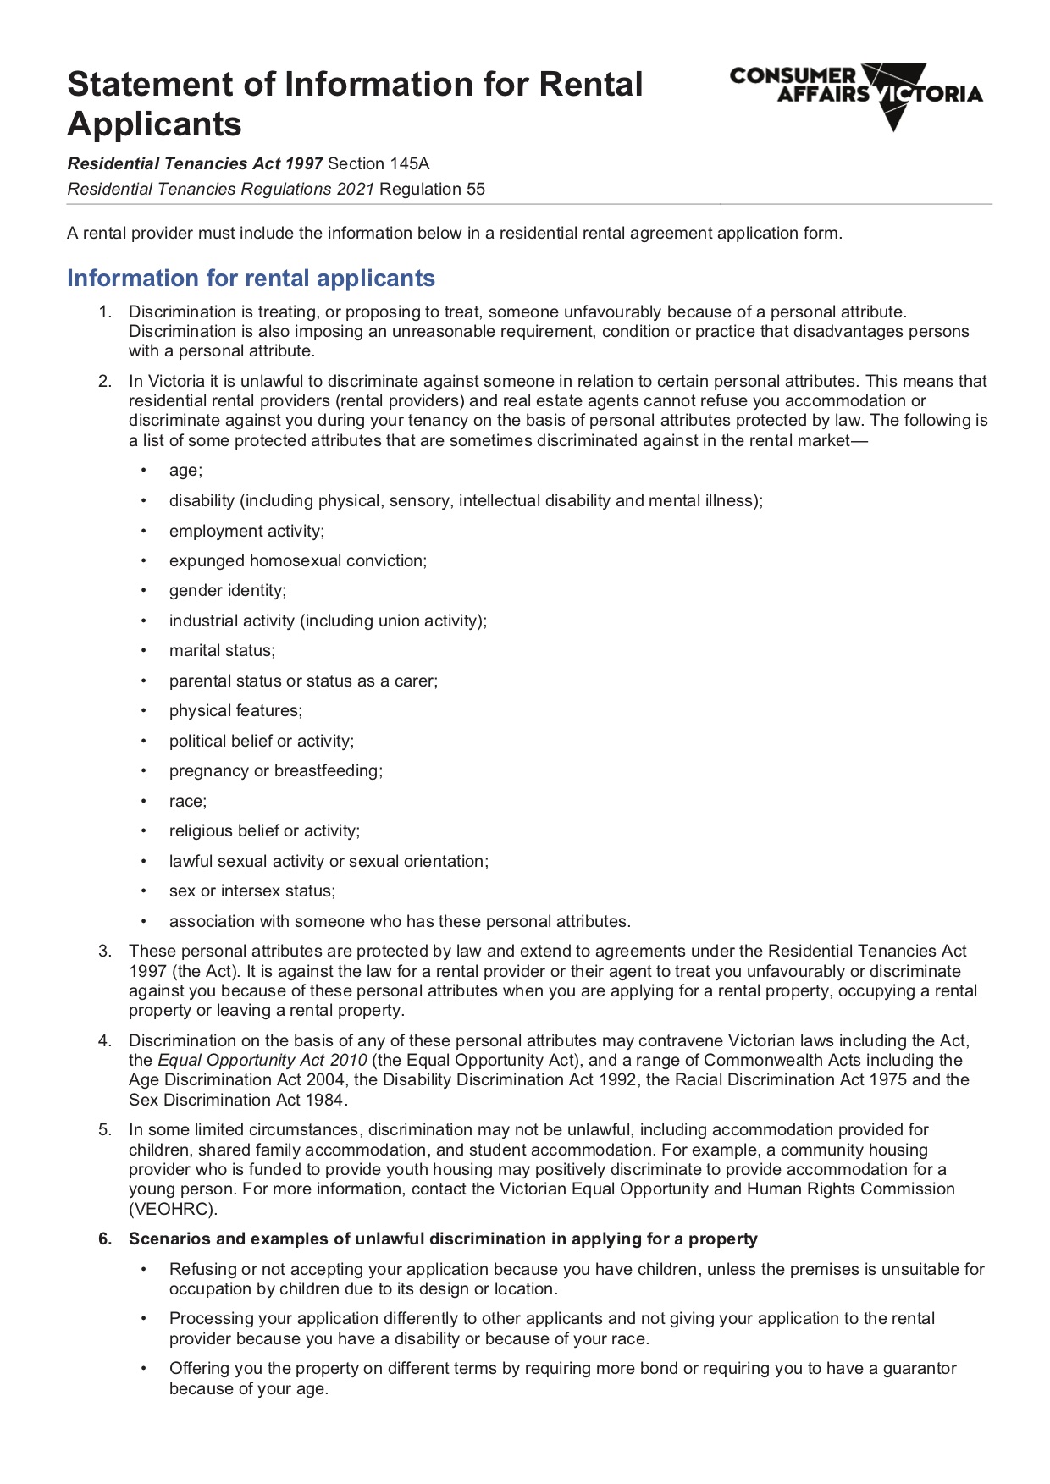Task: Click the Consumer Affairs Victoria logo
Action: pos(855,94)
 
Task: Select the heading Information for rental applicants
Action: pos(251,279)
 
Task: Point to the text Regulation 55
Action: pos(432,190)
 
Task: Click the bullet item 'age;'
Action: pos(185,471)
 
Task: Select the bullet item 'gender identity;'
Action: pos(227,591)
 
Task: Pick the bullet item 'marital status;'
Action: pos(222,651)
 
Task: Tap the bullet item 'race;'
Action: pos(187,802)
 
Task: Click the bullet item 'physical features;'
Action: pos(235,711)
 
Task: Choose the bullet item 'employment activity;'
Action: pos(246,532)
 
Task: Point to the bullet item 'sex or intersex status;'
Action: pos(251,891)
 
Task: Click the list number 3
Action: pos(104,952)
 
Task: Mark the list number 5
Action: pos(104,1130)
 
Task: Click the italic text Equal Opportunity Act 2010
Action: pos(262,1061)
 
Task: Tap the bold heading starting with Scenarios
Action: pos(442,1239)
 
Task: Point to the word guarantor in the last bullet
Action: pos(919,1369)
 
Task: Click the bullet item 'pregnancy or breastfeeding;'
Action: pos(275,771)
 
